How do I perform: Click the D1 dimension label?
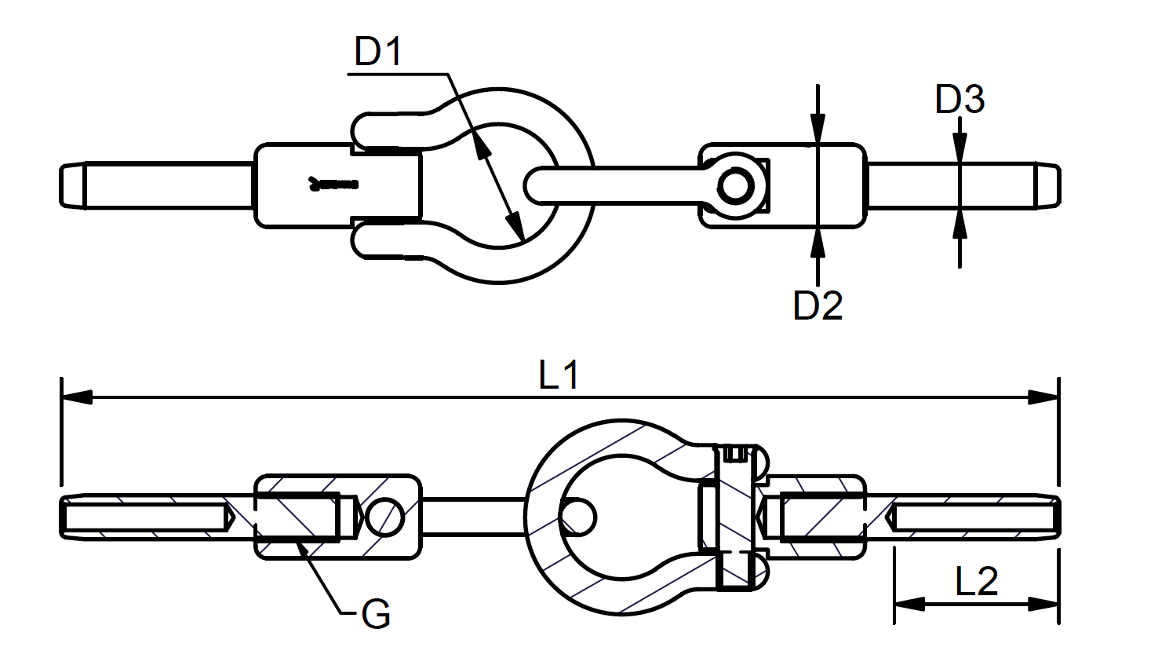[x=378, y=51]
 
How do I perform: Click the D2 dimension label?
[x=818, y=305]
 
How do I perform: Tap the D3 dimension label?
[x=960, y=99]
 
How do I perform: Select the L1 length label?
[x=559, y=375]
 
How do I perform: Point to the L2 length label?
[x=977, y=581]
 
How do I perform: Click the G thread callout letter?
[x=376, y=614]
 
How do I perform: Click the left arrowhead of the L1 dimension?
[x=77, y=397]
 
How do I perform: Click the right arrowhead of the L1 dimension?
[x=1043, y=397]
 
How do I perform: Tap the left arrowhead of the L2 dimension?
[x=909, y=605]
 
